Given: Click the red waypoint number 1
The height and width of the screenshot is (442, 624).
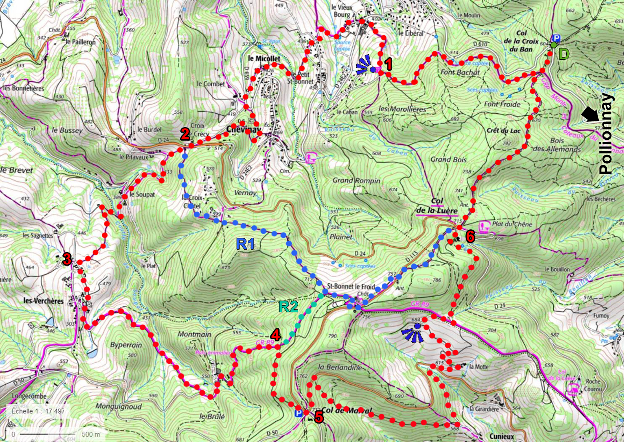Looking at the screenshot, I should click(x=388, y=64).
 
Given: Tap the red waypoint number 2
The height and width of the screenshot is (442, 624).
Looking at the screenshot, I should click(x=184, y=134).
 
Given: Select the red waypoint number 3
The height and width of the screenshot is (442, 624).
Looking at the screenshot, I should click(x=67, y=259).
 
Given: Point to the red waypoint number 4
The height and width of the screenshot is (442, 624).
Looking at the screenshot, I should click(x=275, y=335).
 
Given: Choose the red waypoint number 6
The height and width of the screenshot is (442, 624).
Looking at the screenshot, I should click(x=470, y=237).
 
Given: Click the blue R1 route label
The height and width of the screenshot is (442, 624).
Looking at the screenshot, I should click(x=245, y=244).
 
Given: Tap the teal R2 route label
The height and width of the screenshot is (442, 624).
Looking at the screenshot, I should click(x=288, y=307).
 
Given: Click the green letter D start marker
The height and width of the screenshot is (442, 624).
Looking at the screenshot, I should click(x=563, y=54).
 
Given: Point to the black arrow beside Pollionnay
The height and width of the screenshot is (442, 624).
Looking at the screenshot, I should click(x=590, y=114).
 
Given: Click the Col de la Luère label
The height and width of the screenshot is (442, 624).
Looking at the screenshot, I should click(x=437, y=206).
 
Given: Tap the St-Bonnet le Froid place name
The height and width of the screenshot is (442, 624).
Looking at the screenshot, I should click(x=351, y=286).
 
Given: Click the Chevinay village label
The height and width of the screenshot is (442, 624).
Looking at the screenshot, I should click(x=243, y=129).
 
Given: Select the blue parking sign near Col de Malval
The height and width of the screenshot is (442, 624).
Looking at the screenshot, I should click(x=299, y=413).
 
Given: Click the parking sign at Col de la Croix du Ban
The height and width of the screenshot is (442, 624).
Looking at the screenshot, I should click(x=556, y=37).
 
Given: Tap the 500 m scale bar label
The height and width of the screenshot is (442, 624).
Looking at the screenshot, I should click(x=91, y=434).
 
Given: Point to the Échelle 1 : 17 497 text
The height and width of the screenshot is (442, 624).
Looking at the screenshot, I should click(x=38, y=411).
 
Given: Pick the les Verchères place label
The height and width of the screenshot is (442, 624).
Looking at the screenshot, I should click(x=43, y=301).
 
